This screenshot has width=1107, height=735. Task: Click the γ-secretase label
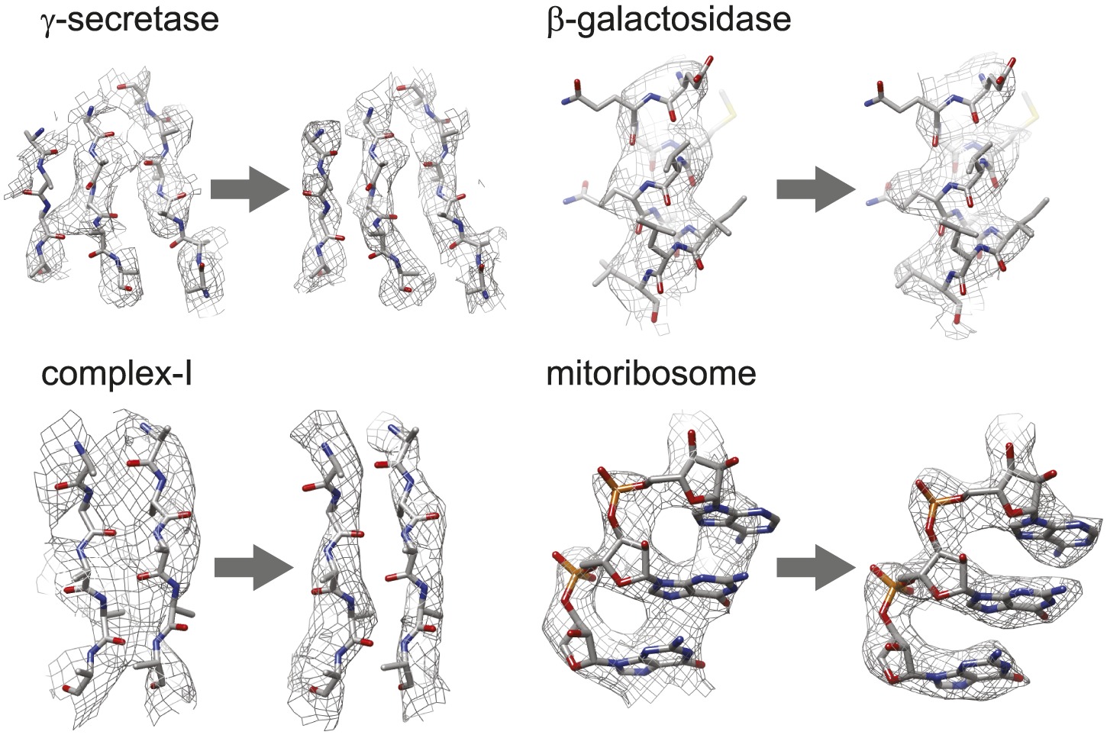tap(130, 18)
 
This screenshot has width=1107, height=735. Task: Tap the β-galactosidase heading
tap(669, 18)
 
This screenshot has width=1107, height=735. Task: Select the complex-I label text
tap(116, 374)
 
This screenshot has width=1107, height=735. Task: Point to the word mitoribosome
tap(651, 374)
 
